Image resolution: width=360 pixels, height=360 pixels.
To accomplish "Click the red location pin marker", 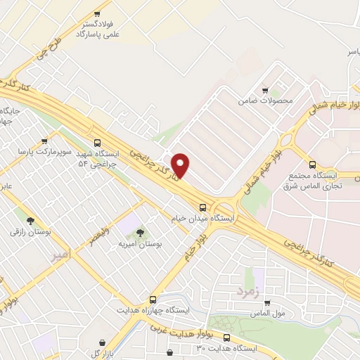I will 181,165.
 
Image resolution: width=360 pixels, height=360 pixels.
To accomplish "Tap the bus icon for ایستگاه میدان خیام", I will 202,207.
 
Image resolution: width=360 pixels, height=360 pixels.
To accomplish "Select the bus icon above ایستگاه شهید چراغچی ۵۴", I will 96,139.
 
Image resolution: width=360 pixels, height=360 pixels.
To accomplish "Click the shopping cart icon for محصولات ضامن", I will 265,91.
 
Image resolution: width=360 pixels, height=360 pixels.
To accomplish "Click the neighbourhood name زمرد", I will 249,289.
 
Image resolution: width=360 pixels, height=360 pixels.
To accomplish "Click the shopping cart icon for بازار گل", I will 103,343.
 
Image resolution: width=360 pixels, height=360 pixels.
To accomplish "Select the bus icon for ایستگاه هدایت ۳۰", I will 168,352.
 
